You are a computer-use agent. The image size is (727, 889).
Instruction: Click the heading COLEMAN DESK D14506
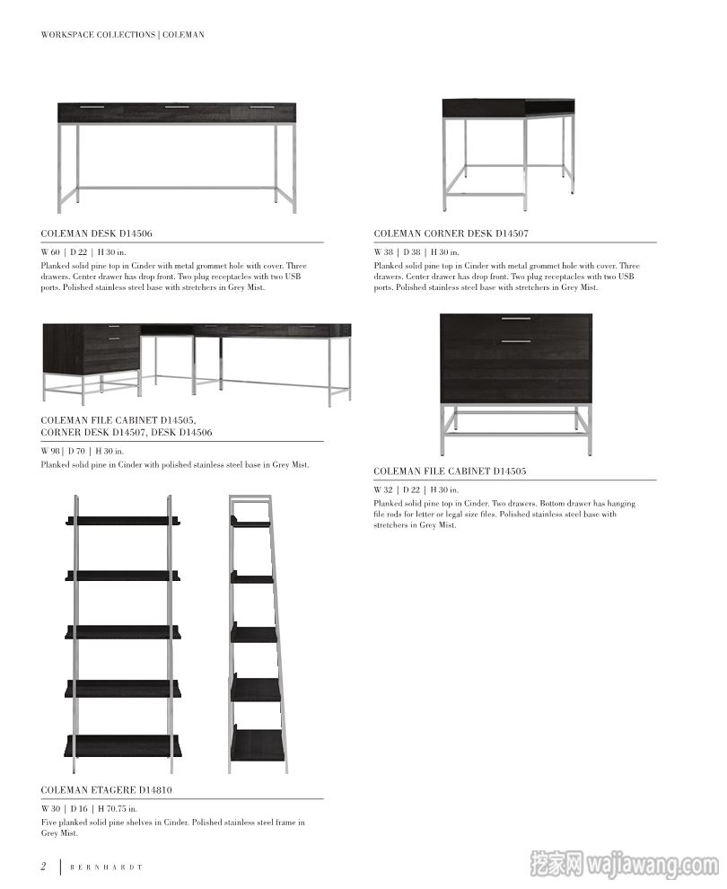tap(96, 233)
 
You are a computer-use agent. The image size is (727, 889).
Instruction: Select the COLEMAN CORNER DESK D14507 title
tap(451, 233)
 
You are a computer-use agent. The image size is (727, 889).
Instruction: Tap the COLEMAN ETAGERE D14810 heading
tap(106, 790)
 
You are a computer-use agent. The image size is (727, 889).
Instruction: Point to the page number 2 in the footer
tap(43, 867)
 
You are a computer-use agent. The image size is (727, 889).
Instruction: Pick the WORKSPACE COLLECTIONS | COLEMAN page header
tap(122, 35)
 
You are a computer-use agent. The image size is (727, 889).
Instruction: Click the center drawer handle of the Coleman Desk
tap(177, 107)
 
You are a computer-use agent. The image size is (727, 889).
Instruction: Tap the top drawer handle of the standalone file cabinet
tap(515, 319)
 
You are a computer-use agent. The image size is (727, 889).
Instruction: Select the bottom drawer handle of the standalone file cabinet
tap(515, 341)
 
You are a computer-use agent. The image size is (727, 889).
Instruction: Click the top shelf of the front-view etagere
tap(123, 521)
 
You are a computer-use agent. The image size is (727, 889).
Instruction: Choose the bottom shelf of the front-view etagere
tap(123, 746)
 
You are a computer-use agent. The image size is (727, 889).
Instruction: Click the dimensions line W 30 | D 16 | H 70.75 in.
tap(89, 809)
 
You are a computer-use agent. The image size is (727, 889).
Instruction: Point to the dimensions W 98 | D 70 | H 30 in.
tap(83, 451)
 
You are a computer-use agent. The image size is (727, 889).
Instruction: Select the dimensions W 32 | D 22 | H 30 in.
tap(416, 489)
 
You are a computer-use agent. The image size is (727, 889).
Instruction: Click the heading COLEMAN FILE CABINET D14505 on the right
tap(450, 471)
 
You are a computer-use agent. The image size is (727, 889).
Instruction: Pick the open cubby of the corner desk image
tap(549, 108)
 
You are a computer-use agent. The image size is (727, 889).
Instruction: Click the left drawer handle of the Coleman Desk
tap(92, 107)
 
